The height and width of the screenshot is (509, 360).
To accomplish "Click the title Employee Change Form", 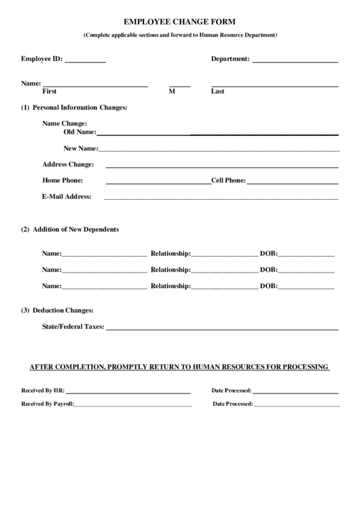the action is click(x=180, y=22).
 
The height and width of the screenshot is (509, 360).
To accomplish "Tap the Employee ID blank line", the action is click(x=86, y=61).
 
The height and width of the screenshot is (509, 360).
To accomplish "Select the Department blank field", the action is click(x=295, y=61).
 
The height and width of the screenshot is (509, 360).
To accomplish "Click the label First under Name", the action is click(x=50, y=91).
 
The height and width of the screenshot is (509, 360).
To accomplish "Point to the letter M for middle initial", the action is click(x=172, y=91).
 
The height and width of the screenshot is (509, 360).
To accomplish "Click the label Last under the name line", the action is click(x=217, y=91).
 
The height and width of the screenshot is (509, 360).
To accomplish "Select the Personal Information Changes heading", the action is click(x=79, y=107).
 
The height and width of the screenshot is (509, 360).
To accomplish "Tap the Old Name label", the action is click(x=79, y=132).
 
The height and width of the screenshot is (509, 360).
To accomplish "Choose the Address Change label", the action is click(x=68, y=164).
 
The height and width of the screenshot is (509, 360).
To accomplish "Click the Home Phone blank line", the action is click(x=158, y=183).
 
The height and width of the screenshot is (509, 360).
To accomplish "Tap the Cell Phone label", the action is click(x=228, y=180).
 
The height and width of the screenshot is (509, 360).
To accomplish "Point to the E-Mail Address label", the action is click(x=67, y=196).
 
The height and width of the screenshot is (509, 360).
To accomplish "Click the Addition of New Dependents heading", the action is click(x=75, y=229).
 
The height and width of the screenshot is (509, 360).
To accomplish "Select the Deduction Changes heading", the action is click(x=62, y=310).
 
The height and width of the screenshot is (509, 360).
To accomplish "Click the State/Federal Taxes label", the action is click(x=73, y=326).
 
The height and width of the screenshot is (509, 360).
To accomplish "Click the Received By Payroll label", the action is click(x=47, y=404).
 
